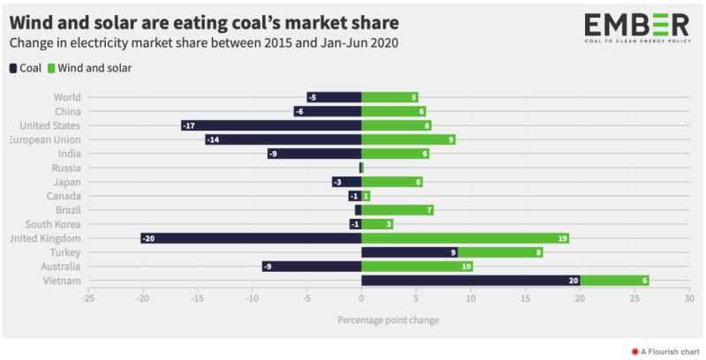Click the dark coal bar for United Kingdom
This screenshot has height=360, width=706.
(251, 238)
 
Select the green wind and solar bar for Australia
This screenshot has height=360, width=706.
(417, 266)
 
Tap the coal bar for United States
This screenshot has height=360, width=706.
(271, 125)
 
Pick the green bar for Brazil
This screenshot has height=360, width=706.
(397, 210)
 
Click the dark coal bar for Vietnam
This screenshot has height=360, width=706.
(470, 281)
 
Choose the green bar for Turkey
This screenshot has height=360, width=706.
(500, 252)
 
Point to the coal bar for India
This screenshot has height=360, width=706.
(314, 154)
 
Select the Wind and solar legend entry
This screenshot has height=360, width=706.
(89, 67)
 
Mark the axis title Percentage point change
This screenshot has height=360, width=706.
(387, 319)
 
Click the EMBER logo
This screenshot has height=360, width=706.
(636, 27)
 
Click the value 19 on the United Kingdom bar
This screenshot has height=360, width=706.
(562, 238)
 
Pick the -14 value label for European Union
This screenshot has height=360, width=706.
(213, 139)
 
